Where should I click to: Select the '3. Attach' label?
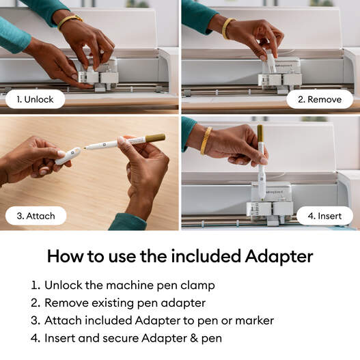[x=36, y=216]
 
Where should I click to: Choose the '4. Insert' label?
[x=324, y=216]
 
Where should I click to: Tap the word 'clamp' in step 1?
[x=197, y=286]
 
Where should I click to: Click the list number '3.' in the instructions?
[x=35, y=320]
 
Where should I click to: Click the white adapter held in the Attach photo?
[x=67, y=156]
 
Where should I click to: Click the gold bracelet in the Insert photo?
[x=206, y=139]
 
